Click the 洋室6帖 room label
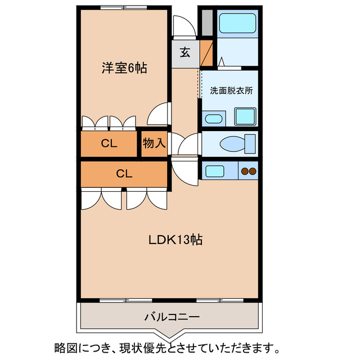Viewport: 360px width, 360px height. (x=124, y=68)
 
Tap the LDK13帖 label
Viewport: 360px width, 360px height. (x=175, y=240)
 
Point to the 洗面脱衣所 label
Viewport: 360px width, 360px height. (x=231, y=90)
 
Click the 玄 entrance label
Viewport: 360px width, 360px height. (x=185, y=53)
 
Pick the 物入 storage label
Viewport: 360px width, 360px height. (x=153, y=143)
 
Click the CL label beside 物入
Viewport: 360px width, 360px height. (x=109, y=143)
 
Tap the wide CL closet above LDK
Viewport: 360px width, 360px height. (x=124, y=173)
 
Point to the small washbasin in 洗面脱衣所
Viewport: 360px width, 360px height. (x=213, y=118)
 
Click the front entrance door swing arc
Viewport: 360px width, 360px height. (x=183, y=25)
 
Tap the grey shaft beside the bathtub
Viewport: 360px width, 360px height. (x=206, y=21)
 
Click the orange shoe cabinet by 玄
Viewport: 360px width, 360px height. (x=206, y=53)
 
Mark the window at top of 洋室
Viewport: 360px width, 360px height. (x=124, y=7)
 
